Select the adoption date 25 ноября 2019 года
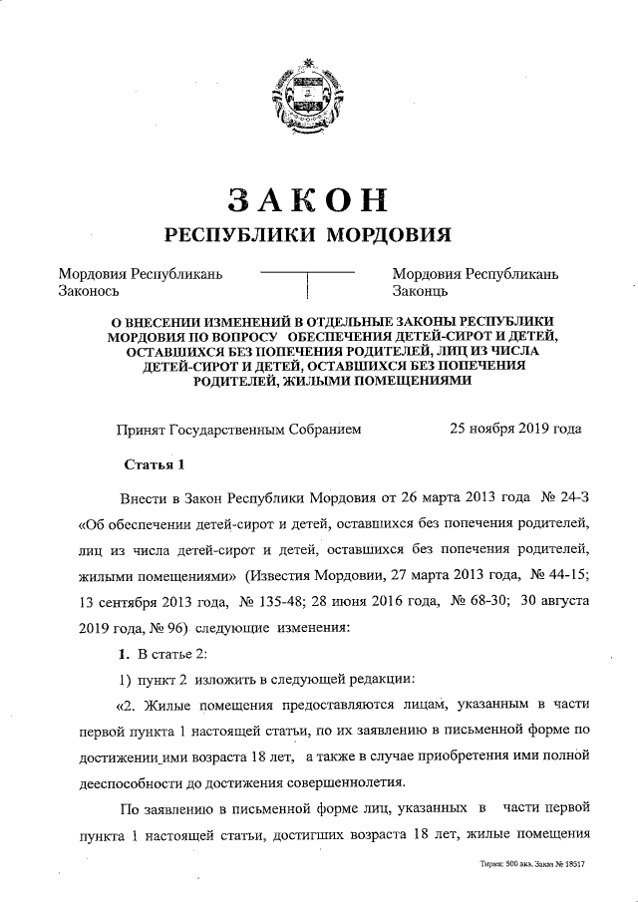pos(515,430)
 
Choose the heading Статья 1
pos(155,465)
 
